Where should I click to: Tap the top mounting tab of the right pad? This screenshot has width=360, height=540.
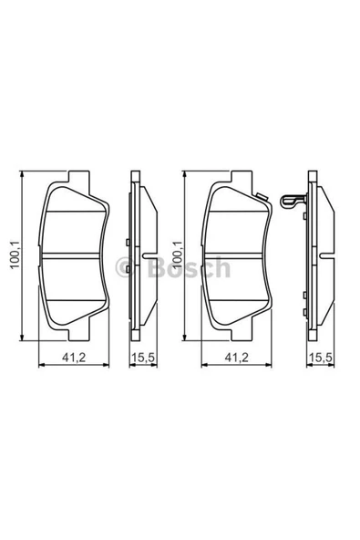(239, 175)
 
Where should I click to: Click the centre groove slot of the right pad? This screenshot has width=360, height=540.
(239, 253)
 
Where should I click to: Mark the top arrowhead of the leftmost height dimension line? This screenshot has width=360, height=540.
(23, 175)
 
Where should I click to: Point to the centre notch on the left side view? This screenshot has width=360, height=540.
(141, 253)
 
